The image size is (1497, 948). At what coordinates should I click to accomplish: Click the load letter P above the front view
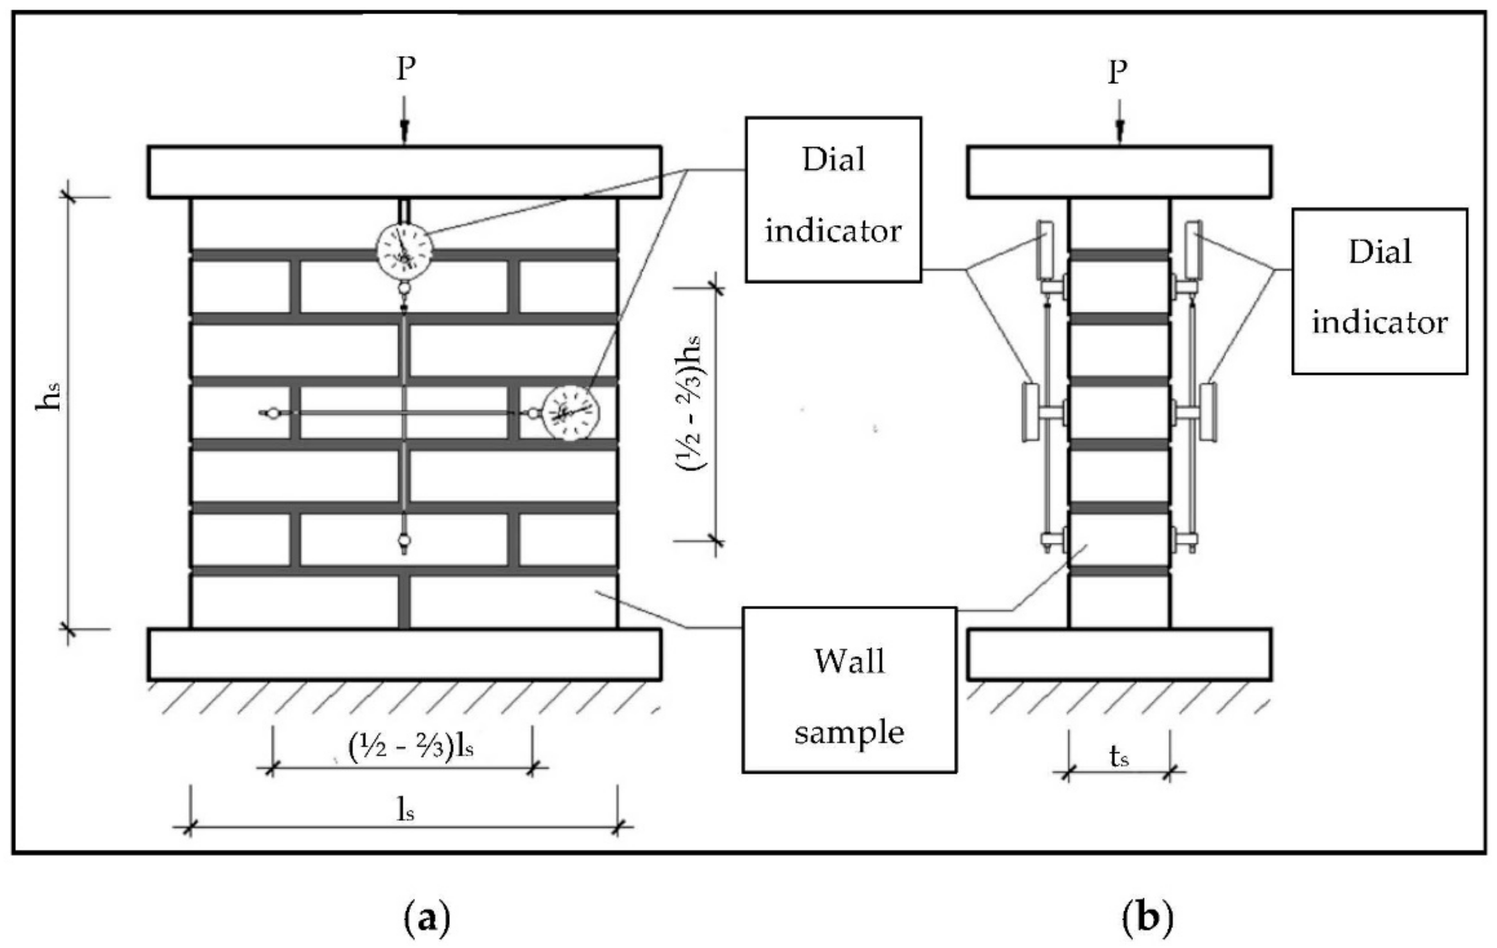tap(405, 68)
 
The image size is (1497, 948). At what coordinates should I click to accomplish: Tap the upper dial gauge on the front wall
tap(405, 250)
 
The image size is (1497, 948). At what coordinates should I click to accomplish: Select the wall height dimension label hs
tap(48, 397)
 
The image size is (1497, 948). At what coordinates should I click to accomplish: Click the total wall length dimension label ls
tap(405, 809)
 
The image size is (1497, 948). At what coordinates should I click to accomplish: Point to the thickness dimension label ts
tap(1118, 757)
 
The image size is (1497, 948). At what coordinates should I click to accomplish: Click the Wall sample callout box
tap(849, 690)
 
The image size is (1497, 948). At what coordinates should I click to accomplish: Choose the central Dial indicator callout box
tap(833, 199)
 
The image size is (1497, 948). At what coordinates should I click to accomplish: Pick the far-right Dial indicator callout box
tap(1380, 291)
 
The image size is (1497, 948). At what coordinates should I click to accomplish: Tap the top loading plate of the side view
tap(1118, 172)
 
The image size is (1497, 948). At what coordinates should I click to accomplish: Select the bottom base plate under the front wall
tap(404, 654)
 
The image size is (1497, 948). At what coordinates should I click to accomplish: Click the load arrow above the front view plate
tap(405, 121)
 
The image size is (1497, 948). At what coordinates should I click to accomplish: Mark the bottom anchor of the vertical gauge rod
tap(404, 541)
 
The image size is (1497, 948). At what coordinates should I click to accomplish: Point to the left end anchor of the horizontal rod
tap(272, 413)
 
